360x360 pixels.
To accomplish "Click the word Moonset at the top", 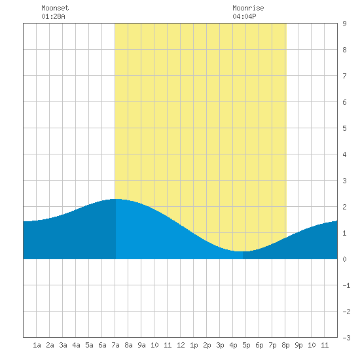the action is point(55,8).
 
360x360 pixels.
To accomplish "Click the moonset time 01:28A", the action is point(53,16).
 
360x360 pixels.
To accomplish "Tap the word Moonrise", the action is point(248,8).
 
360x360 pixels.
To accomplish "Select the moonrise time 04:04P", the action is point(244,16).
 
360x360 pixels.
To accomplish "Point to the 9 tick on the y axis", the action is point(344,24).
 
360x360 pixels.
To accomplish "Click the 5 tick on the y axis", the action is point(344,128).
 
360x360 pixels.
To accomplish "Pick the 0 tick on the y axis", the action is point(344,259).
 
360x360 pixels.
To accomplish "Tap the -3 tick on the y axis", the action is point(346,338).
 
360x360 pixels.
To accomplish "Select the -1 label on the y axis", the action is point(346,285).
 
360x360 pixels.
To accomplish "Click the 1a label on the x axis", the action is point(37,345).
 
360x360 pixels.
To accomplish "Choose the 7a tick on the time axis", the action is point(115,345).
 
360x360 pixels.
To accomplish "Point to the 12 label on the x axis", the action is point(181,345).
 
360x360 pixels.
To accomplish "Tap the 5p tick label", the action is point(246,345).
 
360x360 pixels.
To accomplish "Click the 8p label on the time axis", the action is point(285,345).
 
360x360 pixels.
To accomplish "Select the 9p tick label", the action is point(298,345).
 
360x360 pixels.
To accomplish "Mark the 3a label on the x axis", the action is point(63,345).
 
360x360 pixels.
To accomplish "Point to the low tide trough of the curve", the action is point(240,251).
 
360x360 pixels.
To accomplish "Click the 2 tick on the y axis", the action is point(344,207).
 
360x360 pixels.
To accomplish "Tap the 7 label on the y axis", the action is point(344,76).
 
